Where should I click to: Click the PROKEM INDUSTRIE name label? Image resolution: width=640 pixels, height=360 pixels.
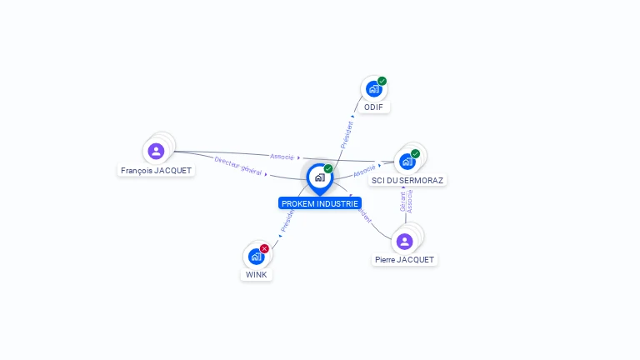[x=320, y=203]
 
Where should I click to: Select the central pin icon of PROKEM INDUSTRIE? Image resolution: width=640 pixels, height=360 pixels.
[x=319, y=177]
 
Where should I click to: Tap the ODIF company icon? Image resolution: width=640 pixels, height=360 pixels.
[x=374, y=88]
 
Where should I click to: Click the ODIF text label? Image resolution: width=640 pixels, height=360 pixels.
[x=374, y=107]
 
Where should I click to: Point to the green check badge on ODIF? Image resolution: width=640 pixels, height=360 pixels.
[x=382, y=81]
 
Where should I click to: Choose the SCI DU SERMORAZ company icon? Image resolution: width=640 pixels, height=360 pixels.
[x=407, y=161]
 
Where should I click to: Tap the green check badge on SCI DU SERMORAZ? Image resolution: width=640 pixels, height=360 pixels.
[x=416, y=153]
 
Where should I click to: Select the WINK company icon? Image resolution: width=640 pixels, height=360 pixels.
[x=256, y=256]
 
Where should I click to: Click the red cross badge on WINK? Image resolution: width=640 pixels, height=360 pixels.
[x=264, y=248]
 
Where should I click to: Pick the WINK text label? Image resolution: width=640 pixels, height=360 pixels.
[x=257, y=275]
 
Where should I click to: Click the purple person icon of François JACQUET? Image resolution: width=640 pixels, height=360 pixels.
[x=156, y=151]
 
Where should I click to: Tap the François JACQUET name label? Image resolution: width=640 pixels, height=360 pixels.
[x=156, y=171]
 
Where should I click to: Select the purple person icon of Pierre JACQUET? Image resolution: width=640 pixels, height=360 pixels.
[x=405, y=242]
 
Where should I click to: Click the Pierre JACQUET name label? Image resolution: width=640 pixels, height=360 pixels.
[x=405, y=260]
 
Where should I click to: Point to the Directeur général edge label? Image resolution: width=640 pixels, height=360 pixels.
[x=238, y=165]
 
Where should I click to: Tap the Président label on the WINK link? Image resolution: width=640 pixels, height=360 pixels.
[x=287, y=220]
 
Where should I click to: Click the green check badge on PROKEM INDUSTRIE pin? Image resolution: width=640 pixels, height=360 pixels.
[x=328, y=169]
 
